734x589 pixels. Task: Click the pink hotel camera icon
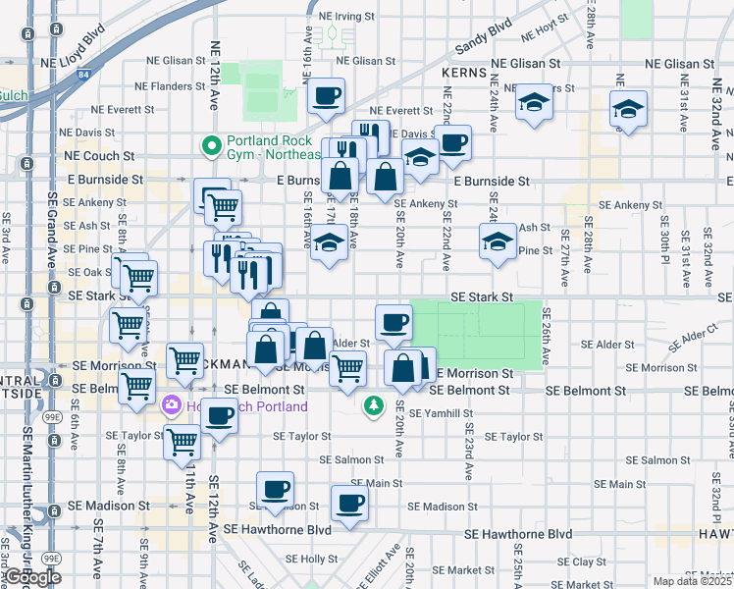(x=171, y=403)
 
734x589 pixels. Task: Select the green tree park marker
(x=374, y=405)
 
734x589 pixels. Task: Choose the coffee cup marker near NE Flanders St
(x=326, y=97)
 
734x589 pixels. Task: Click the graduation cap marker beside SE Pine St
(x=498, y=242)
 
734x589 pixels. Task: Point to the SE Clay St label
(x=589, y=562)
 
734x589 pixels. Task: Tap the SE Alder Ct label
(x=695, y=340)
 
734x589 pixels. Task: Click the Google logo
(x=32, y=577)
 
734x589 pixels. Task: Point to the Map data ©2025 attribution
(x=692, y=581)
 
